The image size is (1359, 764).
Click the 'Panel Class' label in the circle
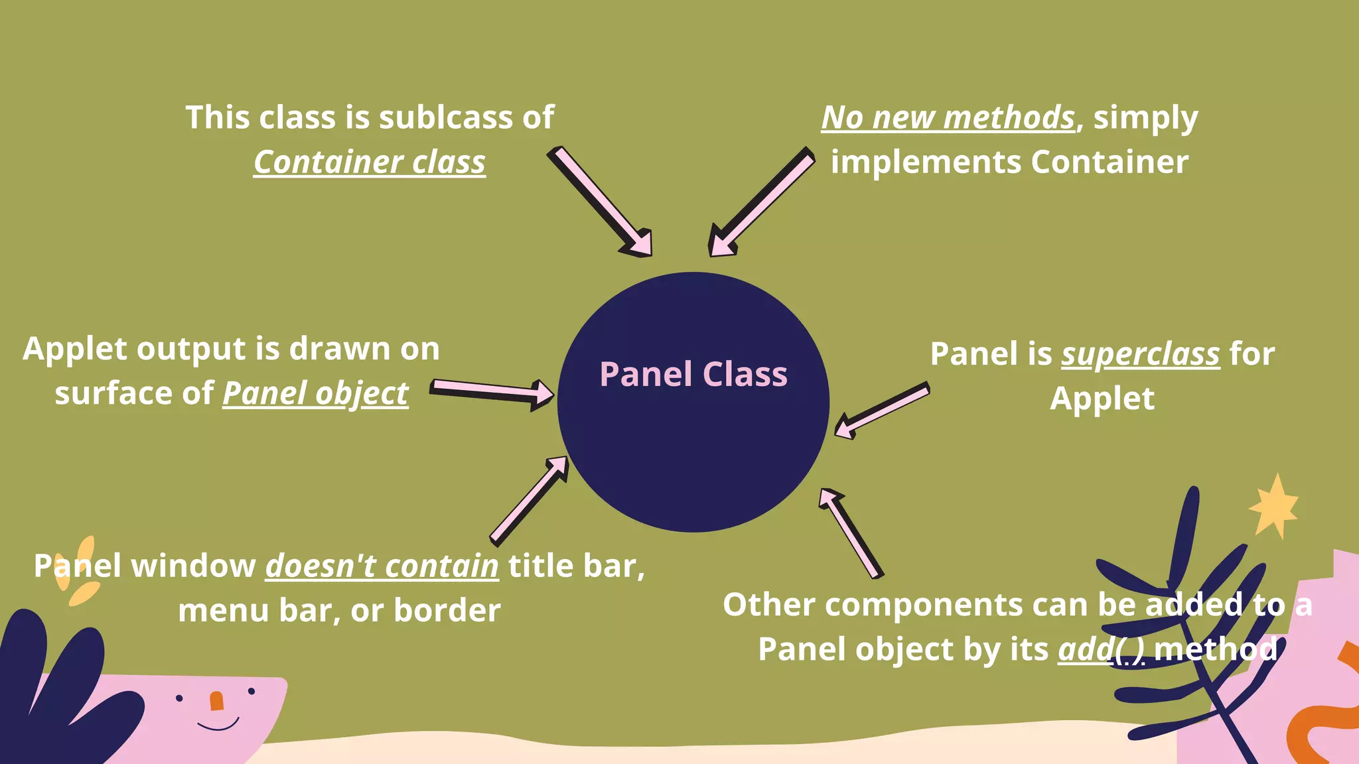point(693,374)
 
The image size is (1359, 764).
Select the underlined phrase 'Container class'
point(370,162)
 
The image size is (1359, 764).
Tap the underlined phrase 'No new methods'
point(948,118)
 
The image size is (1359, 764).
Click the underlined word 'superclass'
point(1141,354)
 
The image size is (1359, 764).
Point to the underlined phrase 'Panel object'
point(315,393)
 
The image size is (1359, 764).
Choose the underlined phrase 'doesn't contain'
point(382,566)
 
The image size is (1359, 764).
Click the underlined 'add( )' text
point(1102,649)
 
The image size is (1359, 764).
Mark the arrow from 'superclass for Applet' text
point(881,411)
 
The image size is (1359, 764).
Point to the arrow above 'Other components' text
point(851,533)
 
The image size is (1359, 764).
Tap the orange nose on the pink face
point(216,700)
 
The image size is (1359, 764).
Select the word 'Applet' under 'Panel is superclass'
point(1102,399)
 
